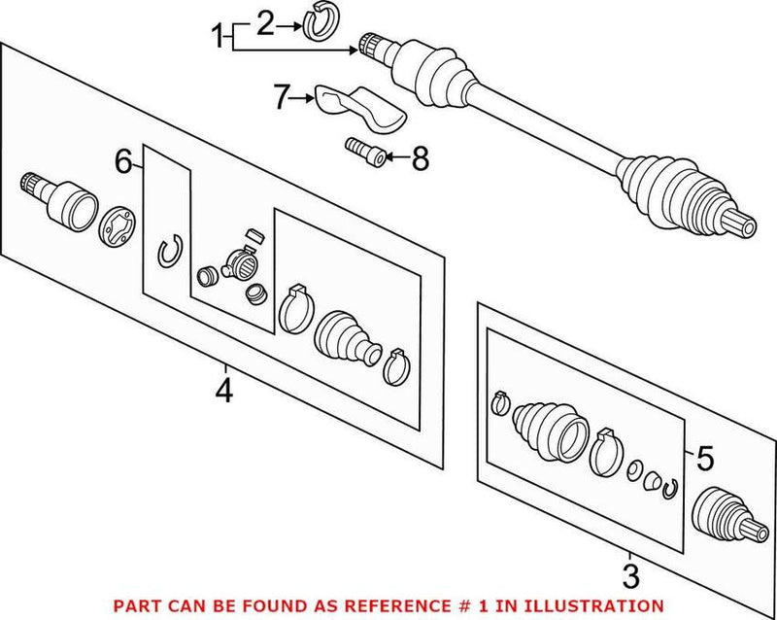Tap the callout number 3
pyautogui.click(x=630, y=577)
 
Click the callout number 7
pyautogui.click(x=283, y=97)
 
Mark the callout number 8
pyautogui.click(x=420, y=157)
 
